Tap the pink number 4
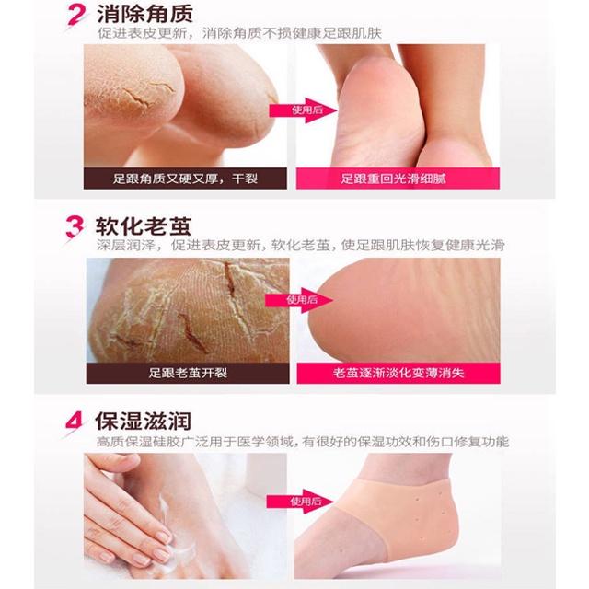point(74,422)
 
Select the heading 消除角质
point(145,15)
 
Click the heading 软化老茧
point(144,225)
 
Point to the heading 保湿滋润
point(144,421)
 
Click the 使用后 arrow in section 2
point(303,110)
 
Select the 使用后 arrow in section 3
point(299,300)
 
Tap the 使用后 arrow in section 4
point(300,502)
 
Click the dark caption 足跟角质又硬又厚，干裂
point(185,179)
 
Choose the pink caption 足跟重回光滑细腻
point(398,179)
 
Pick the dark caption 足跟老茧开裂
point(188,373)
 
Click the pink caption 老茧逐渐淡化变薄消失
point(398,373)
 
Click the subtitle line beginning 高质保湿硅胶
point(303,442)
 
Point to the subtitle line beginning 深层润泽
point(301,246)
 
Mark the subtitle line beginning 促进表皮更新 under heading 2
point(239,33)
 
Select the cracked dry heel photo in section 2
point(185,106)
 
